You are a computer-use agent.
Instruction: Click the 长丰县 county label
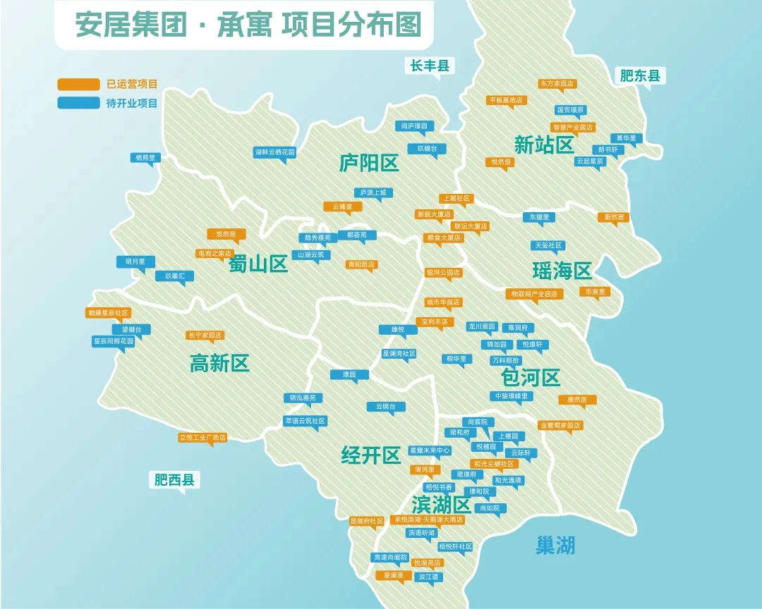(x=430, y=66)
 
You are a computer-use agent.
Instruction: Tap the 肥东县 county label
(x=640, y=76)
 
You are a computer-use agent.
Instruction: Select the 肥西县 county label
(x=174, y=481)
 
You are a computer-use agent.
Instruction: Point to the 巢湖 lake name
(x=555, y=545)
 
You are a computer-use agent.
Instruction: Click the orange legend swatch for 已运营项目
(x=78, y=85)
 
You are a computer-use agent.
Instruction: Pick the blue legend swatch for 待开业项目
(x=78, y=103)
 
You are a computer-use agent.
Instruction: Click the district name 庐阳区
(x=369, y=164)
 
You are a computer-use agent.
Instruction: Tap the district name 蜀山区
(x=258, y=264)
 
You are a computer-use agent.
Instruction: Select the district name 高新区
(x=219, y=364)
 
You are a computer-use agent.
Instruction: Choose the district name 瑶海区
(x=562, y=270)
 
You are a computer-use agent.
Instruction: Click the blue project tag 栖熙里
(x=145, y=158)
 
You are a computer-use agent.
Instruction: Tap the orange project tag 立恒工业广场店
(x=202, y=438)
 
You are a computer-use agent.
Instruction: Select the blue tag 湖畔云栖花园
(x=275, y=152)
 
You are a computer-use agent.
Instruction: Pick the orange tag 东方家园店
(x=557, y=83)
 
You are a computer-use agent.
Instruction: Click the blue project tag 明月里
(x=135, y=262)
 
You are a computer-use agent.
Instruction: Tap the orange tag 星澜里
(x=394, y=575)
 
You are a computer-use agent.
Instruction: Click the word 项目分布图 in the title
(x=351, y=25)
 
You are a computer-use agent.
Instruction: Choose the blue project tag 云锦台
(x=386, y=407)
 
